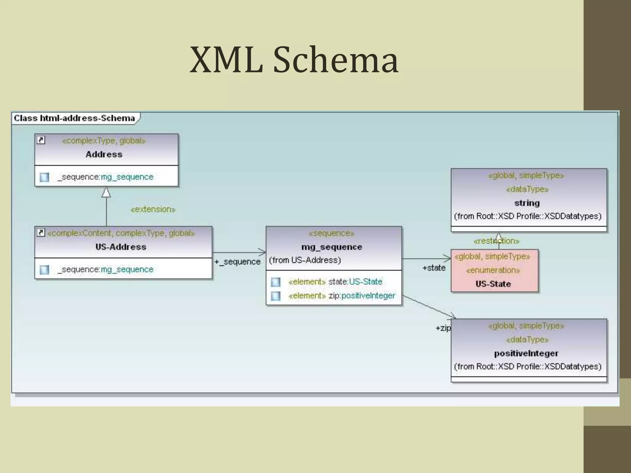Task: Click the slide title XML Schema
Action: click(294, 60)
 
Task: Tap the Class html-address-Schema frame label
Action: click(74, 118)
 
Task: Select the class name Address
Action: click(104, 154)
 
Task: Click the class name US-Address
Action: click(121, 247)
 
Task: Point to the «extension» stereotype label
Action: click(153, 209)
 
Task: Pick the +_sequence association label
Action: click(237, 262)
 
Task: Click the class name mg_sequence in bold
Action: click(332, 247)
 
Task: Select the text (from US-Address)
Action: click(305, 260)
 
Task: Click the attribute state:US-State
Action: click(355, 282)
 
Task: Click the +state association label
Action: click(434, 268)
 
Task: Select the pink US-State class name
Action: click(493, 284)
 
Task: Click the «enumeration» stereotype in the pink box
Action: click(493, 270)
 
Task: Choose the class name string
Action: click(527, 203)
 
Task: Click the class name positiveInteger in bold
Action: click(526, 353)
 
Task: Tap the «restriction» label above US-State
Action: click(496, 241)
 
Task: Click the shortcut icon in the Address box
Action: click(41, 140)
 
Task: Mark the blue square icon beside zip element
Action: click(276, 296)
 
